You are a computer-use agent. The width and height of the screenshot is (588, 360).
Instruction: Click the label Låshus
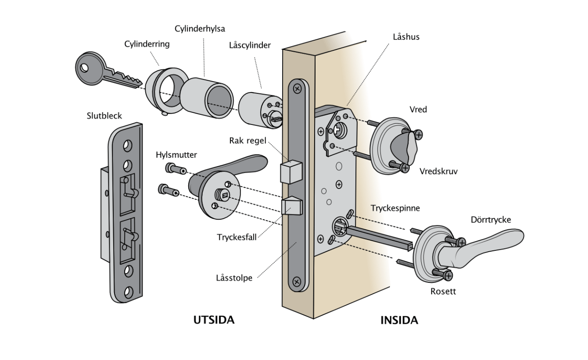coord(406,37)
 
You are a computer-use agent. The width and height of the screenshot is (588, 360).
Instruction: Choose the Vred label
coord(418,109)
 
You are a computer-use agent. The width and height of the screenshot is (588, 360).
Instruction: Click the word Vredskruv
coord(438,171)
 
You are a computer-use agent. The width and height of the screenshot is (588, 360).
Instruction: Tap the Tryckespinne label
coord(395,208)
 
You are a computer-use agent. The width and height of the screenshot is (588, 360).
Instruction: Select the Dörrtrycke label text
coord(491,220)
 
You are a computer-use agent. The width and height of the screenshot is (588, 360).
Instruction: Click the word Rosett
coord(443,291)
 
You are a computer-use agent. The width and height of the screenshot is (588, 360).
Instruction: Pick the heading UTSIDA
coord(214,320)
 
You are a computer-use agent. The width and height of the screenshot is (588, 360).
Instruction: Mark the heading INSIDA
coord(399,321)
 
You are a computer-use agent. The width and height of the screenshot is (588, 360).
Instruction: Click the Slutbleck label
coord(104,115)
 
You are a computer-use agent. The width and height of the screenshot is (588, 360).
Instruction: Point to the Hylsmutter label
coord(176,155)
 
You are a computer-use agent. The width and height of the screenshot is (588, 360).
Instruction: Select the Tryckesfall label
coord(237,237)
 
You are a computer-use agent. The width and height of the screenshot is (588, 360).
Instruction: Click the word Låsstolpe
coord(234,278)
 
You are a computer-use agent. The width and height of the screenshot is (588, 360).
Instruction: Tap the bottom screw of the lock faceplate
coord(297,281)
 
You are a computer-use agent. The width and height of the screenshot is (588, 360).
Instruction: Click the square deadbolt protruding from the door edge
coord(291,171)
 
